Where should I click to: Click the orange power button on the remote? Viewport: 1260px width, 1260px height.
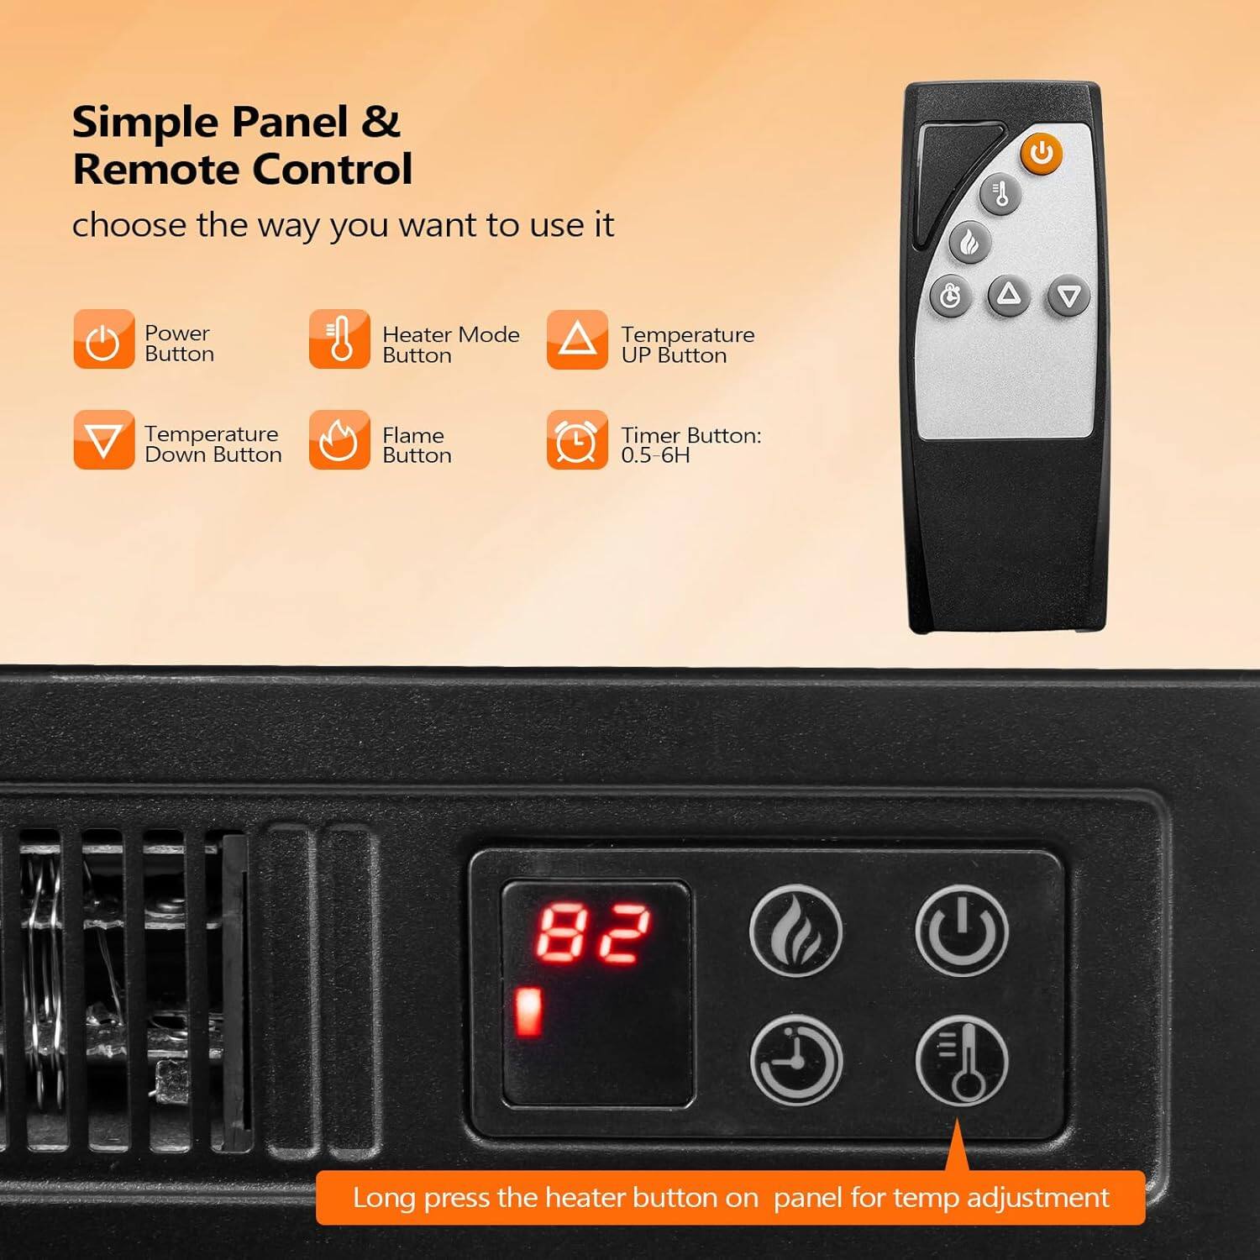click(x=1042, y=154)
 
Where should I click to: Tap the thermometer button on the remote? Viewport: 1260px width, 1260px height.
click(x=1000, y=194)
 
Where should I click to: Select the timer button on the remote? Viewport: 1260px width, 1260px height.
click(x=950, y=297)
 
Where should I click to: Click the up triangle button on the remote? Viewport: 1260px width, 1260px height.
click(x=1009, y=295)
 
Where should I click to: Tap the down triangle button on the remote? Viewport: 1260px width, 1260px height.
click(x=1068, y=296)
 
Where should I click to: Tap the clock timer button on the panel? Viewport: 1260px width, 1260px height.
click(x=795, y=1060)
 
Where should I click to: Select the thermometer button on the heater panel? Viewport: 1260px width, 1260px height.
click(x=961, y=1060)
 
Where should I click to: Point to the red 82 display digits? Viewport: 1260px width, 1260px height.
click(x=593, y=933)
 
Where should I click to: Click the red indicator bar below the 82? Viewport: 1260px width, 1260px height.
click(x=528, y=1012)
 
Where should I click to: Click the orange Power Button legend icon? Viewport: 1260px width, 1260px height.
click(x=103, y=339)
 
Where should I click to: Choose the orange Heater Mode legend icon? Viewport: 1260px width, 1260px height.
click(x=339, y=339)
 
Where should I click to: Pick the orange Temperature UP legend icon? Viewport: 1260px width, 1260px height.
click(x=577, y=339)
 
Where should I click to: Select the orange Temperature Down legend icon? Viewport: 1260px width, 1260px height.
click(x=103, y=439)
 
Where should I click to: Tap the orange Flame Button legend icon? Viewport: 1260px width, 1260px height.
click(x=339, y=439)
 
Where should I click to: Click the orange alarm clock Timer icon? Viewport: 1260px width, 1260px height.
click(x=577, y=439)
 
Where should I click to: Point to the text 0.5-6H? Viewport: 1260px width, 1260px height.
click(x=655, y=456)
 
